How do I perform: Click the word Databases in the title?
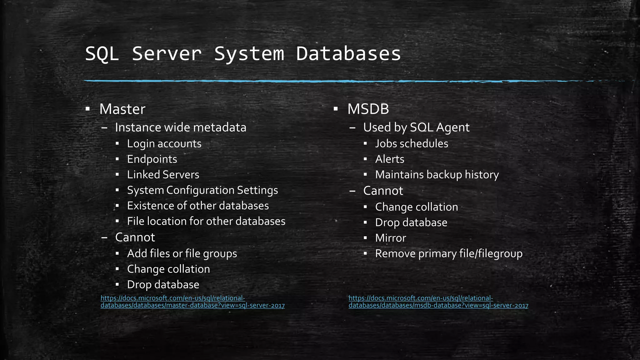click(x=348, y=54)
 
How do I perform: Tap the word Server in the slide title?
click(x=167, y=54)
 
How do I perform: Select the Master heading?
click(x=122, y=109)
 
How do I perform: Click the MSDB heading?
click(x=368, y=109)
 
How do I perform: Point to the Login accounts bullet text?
click(x=164, y=144)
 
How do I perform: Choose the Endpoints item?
click(x=152, y=159)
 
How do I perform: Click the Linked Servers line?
click(x=163, y=175)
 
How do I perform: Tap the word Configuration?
click(x=200, y=190)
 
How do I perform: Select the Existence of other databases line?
click(x=198, y=206)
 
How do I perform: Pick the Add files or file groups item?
click(x=182, y=254)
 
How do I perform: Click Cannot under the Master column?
click(x=135, y=237)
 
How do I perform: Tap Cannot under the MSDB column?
click(x=383, y=191)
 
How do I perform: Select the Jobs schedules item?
click(x=412, y=144)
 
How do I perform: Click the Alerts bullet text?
click(x=389, y=159)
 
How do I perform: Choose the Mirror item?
click(x=390, y=238)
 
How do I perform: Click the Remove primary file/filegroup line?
click(x=448, y=254)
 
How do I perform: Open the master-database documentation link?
click(x=192, y=302)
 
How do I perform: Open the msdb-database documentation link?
click(x=438, y=302)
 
